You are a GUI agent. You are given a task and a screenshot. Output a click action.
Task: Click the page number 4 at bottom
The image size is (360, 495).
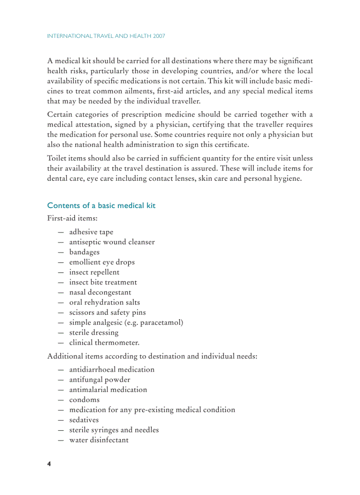click(49, 464)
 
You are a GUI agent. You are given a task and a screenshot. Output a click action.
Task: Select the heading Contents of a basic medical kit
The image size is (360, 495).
click(101, 205)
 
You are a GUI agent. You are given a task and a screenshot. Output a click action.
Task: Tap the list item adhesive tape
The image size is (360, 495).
click(91, 232)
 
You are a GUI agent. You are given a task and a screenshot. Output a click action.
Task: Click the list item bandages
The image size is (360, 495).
click(84, 252)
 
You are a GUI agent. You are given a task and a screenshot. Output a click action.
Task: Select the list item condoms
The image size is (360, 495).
click(84, 400)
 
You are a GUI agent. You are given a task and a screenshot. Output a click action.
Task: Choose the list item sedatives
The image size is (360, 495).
click(84, 420)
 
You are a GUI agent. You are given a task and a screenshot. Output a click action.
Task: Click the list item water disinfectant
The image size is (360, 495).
click(99, 440)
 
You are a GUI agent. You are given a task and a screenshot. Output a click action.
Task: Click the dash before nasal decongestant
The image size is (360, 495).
click(60, 292)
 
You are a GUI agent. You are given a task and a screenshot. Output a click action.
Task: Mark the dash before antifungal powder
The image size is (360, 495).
click(60, 380)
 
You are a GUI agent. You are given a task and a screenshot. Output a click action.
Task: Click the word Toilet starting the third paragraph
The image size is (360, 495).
click(56, 158)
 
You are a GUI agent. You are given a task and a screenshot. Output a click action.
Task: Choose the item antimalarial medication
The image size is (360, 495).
click(108, 390)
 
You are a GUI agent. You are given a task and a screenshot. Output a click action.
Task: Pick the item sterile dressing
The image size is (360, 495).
click(94, 332)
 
